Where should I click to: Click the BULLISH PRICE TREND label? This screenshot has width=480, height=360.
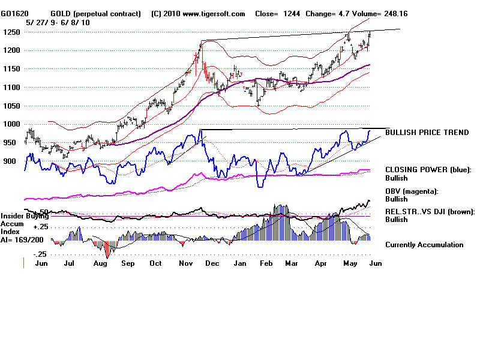(427, 132)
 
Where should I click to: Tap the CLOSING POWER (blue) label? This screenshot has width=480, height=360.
(428, 170)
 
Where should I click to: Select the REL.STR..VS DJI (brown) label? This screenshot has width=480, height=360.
(430, 211)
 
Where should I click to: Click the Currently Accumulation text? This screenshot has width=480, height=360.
(424, 244)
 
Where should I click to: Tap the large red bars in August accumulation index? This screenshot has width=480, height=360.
(107, 249)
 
